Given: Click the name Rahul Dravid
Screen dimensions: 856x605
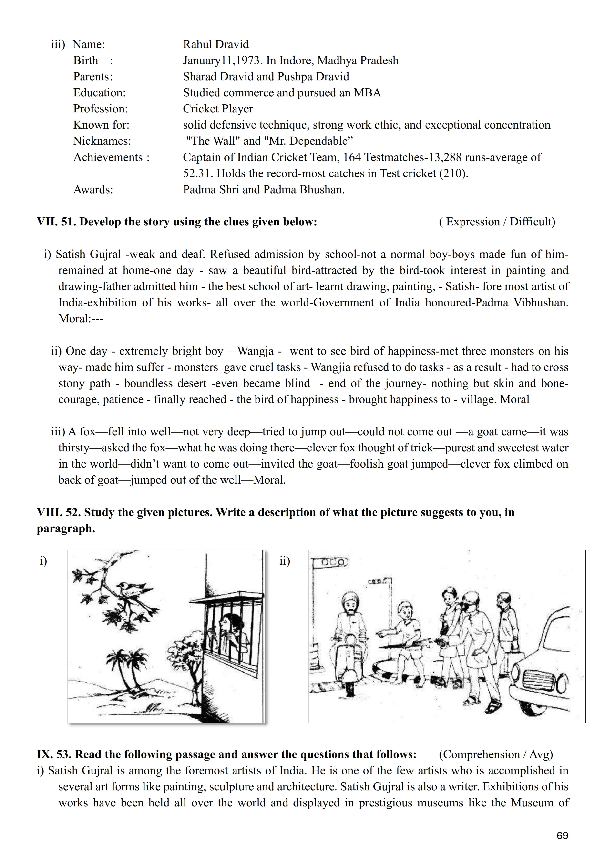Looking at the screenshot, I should coord(215,44).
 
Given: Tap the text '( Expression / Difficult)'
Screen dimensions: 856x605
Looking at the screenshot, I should coord(497,222).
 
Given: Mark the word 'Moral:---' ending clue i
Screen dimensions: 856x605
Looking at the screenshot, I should coord(81,319).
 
